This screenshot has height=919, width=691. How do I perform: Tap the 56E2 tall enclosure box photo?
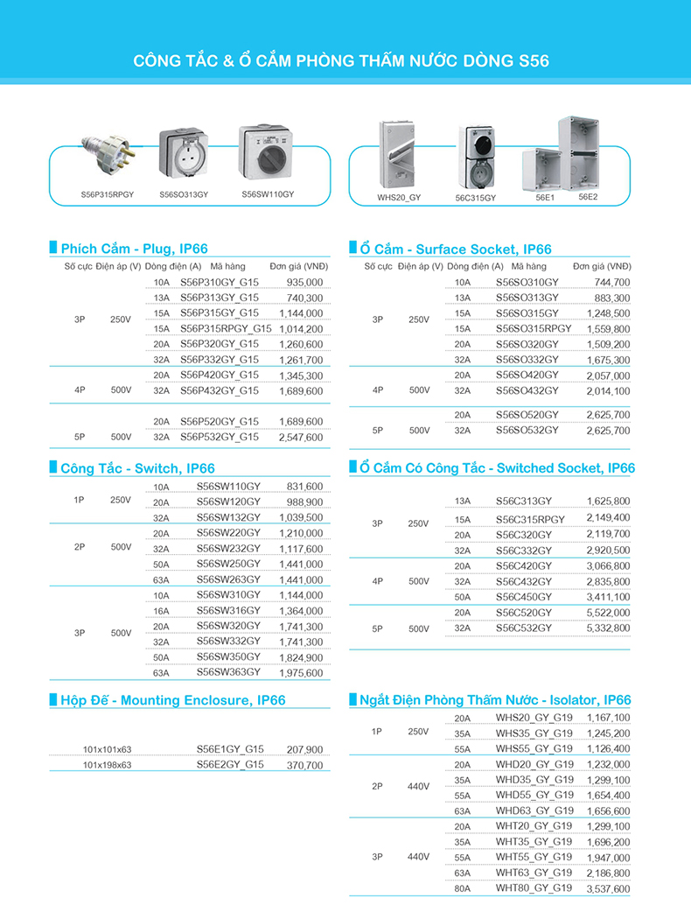pos(578,152)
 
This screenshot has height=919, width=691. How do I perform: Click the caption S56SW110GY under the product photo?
pos(268,194)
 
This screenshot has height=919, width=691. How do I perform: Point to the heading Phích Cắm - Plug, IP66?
pos(134,249)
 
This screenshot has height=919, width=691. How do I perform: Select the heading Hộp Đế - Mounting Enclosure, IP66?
pos(173,700)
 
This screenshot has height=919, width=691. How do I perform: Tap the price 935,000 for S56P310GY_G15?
pos(304,283)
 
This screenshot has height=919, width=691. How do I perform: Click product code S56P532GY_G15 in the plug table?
pos(220,437)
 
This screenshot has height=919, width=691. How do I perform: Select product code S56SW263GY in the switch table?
pos(228,579)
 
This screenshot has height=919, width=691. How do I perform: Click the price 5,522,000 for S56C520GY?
pos(608,613)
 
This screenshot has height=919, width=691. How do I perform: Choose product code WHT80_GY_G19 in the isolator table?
pos(534,887)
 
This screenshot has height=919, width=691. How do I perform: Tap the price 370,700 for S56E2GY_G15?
pos(304,765)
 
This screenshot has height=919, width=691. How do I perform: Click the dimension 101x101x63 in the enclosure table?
pos(107,750)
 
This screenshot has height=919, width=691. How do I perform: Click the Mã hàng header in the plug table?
pos(227,266)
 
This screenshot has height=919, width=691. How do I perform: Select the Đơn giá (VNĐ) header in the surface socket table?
pos(602,266)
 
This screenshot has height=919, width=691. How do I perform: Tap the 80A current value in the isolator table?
pos(463,888)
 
